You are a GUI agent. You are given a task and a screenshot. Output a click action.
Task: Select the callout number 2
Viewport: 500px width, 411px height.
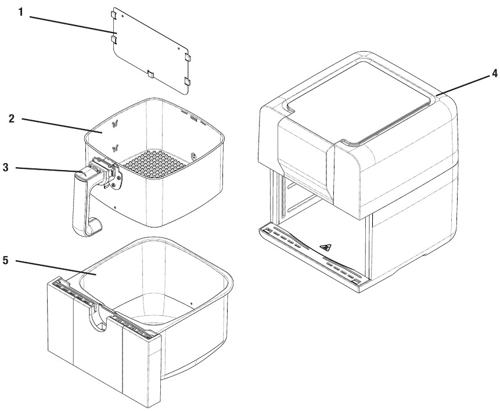pos(12,119)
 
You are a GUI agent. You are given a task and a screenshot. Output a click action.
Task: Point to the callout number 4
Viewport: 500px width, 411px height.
pos(494,74)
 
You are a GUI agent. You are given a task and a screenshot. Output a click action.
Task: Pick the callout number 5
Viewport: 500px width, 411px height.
pos(5,260)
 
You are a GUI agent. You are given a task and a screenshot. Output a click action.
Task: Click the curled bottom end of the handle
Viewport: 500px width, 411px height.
pos(93,226)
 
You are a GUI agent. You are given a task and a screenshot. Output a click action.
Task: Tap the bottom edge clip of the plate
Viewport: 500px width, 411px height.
pos(149,73)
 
